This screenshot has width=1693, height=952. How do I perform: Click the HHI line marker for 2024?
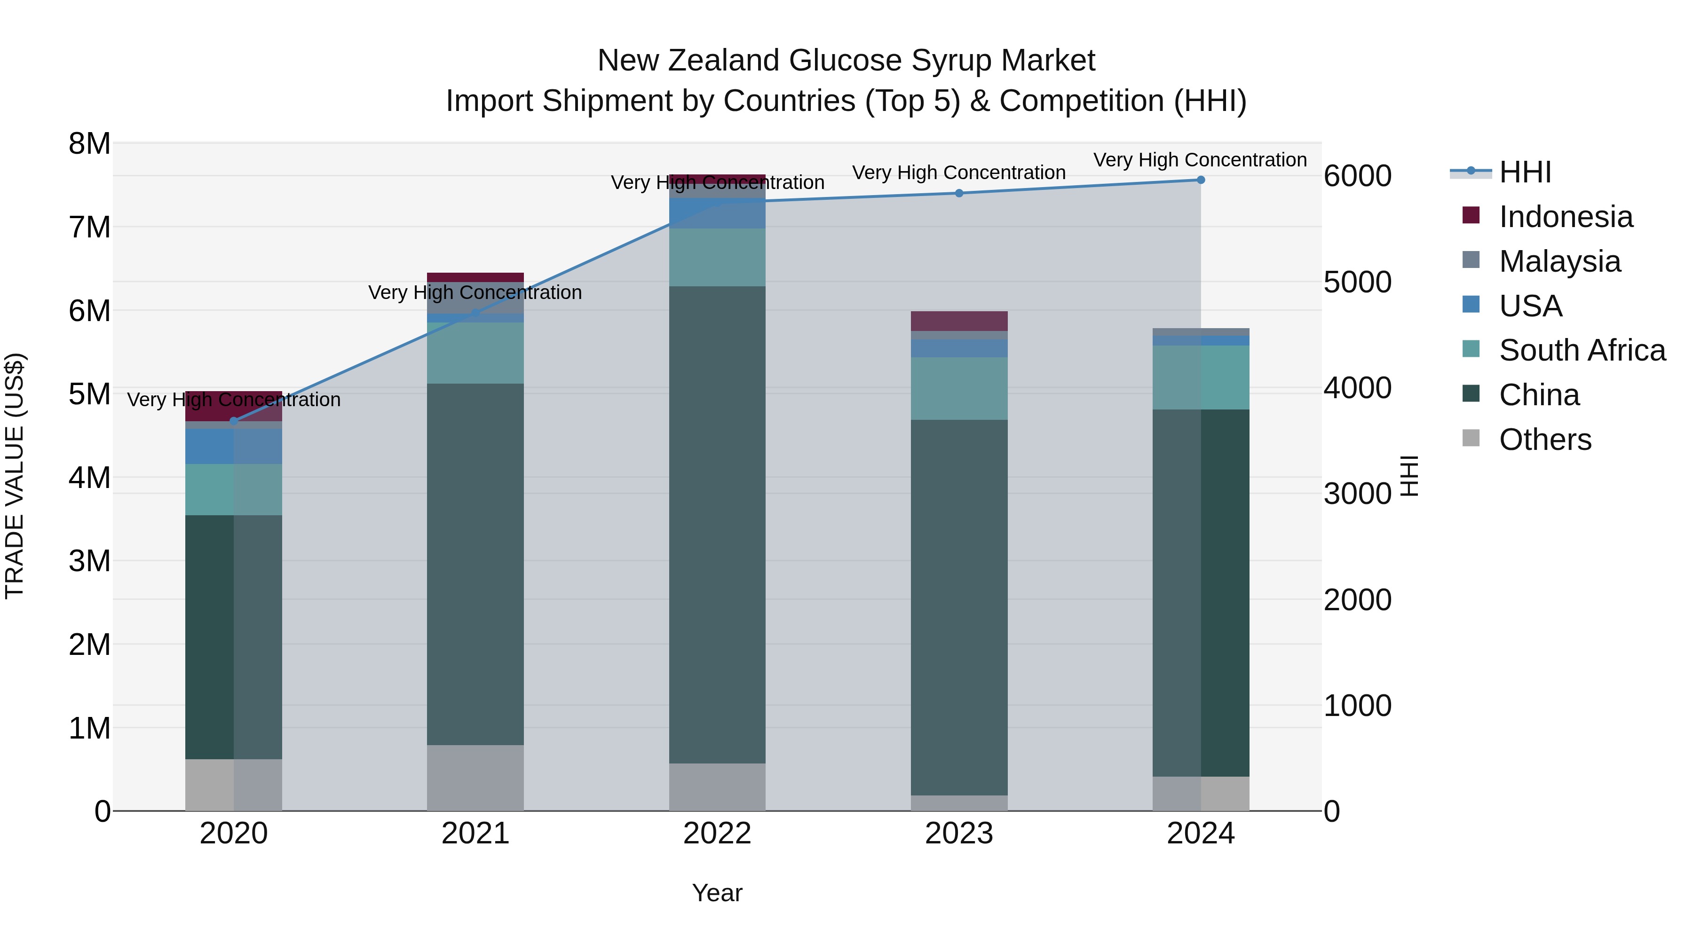point(1200,180)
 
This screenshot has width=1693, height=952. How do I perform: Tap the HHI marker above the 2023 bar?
point(959,193)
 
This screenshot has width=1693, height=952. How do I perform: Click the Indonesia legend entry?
point(1566,217)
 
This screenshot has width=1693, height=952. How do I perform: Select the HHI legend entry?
point(1525,172)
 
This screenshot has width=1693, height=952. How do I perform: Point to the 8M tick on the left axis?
point(89,143)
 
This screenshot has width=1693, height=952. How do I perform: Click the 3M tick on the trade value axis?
point(89,561)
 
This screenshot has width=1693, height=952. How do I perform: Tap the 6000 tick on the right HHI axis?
point(1357,176)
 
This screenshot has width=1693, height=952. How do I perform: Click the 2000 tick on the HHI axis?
point(1357,600)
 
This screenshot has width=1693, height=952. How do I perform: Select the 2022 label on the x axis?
point(717,834)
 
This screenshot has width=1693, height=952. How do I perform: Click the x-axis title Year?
point(717,893)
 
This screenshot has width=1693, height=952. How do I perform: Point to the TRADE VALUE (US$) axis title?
point(15,476)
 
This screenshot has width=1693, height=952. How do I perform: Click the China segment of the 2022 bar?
point(717,526)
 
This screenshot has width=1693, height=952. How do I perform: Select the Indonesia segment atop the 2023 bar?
point(959,321)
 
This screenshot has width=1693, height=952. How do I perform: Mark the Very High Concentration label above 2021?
point(475,292)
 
